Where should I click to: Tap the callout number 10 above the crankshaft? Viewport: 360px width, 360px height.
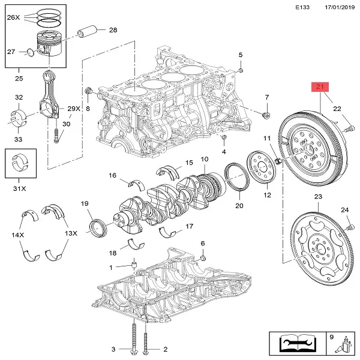click(204, 159)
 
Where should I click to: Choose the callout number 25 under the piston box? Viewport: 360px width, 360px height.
click(19, 79)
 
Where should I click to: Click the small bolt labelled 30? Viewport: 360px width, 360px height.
click(55, 135)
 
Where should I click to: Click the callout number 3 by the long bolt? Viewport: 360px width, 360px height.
click(113, 349)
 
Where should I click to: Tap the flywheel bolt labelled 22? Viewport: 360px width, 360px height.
click(349, 127)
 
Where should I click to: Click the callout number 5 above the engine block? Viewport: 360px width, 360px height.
click(241, 55)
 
